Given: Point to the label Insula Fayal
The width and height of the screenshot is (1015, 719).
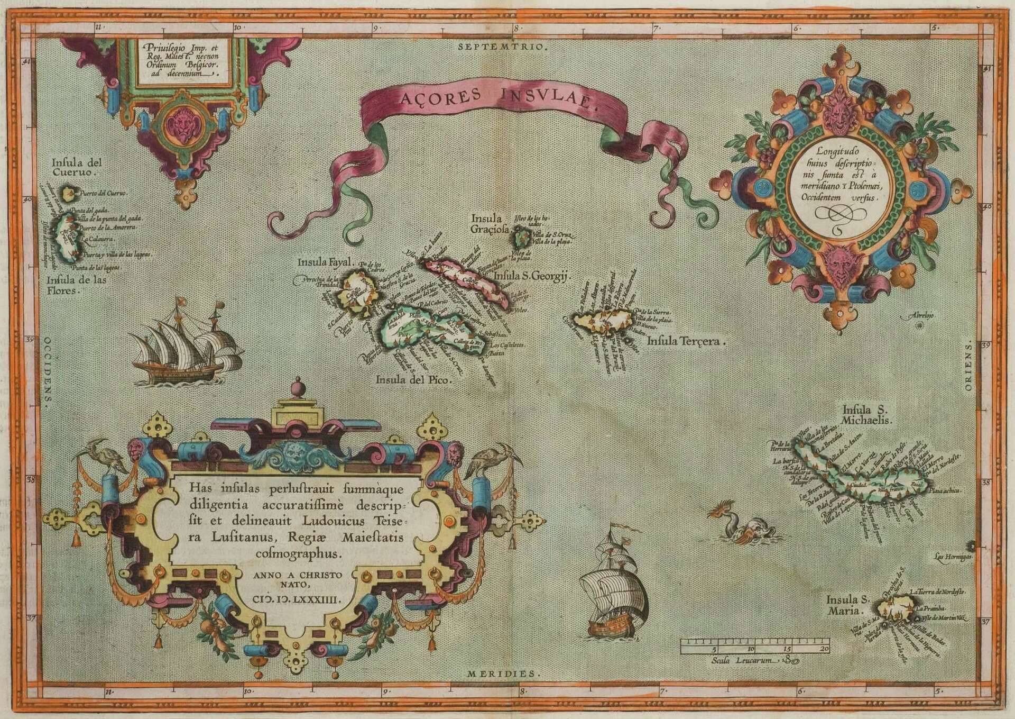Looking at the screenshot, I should [x=320, y=261].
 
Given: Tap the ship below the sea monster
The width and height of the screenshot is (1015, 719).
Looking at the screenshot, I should [x=613, y=598].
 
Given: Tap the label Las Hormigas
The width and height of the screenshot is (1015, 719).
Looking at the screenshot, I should [x=949, y=557].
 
